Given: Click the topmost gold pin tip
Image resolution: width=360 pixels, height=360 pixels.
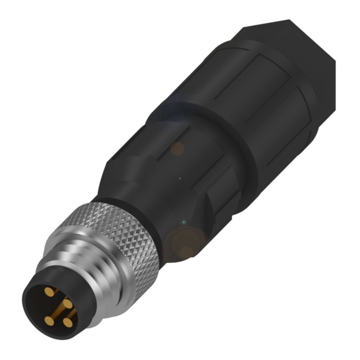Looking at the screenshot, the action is click(x=49, y=293).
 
